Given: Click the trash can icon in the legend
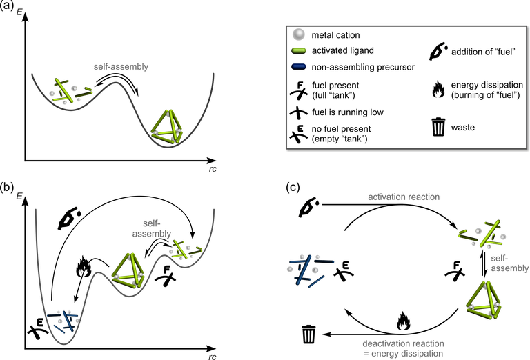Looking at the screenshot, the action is (438, 127).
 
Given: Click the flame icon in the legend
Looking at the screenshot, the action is (438, 89).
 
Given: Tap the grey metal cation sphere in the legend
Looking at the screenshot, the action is (298, 34).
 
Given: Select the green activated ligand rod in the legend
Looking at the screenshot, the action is (298, 50).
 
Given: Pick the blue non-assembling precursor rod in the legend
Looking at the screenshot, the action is (298, 67).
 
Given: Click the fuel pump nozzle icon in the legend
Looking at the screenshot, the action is (438, 52).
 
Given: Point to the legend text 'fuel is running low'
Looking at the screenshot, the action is (348, 112).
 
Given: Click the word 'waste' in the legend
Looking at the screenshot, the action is (463, 128).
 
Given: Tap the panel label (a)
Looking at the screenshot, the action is (7, 6).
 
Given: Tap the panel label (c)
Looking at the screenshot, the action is (293, 187).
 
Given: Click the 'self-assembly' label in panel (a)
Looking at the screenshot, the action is (121, 66).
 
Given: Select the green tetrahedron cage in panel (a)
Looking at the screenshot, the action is (167, 128).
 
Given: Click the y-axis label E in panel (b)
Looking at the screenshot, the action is (19, 196).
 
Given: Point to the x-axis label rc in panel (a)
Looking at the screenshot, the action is (213, 169).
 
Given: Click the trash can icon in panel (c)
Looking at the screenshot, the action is (309, 334).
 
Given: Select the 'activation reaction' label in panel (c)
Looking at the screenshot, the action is (404, 197).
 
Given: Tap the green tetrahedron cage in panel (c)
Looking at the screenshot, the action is (484, 300).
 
